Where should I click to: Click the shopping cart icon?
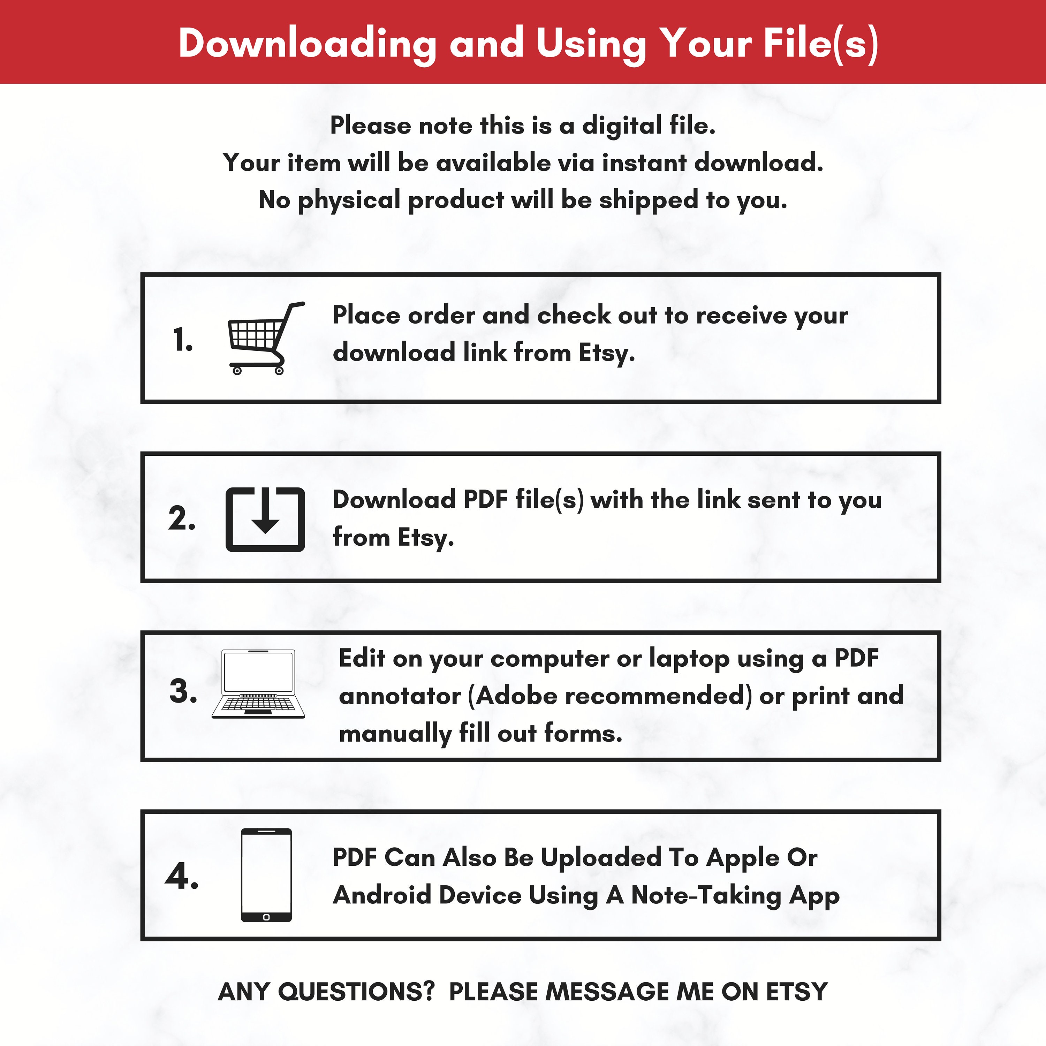265,338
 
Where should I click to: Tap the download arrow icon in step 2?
265,510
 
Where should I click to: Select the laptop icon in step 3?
258,684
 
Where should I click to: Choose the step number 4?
182,876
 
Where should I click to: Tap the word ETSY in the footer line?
797,992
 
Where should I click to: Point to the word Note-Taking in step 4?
706,895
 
